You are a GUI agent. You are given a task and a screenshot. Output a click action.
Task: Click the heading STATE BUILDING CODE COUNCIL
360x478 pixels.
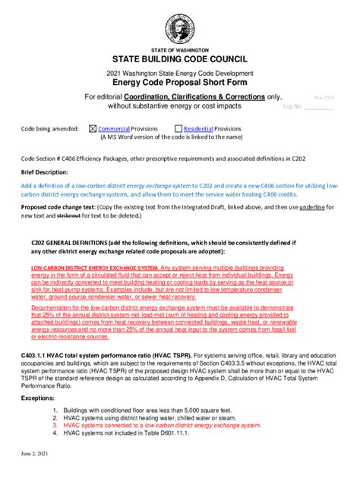(x=179, y=58)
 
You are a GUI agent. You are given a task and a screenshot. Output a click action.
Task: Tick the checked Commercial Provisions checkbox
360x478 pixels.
(x=93, y=130)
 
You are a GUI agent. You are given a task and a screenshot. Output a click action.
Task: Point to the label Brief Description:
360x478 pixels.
(x=45, y=172)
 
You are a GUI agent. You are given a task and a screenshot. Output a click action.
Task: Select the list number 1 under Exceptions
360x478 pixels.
(x=55, y=410)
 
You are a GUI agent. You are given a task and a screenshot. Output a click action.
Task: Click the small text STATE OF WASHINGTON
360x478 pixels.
(x=179, y=47)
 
